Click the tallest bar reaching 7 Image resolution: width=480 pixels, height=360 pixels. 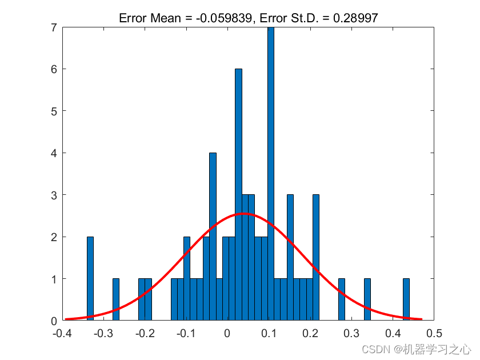pyautogui.click(x=271, y=171)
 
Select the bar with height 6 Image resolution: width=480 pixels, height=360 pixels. pyautogui.click(x=238, y=194)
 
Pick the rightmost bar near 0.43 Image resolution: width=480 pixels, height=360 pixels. pyautogui.click(x=406, y=299)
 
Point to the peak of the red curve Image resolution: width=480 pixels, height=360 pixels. pyautogui.click(x=245, y=214)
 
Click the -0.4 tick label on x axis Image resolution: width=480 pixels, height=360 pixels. pyautogui.click(x=61, y=333)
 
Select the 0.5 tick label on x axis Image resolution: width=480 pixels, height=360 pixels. pyautogui.click(x=434, y=333)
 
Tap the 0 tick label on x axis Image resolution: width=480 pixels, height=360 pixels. pyautogui.click(x=227, y=333)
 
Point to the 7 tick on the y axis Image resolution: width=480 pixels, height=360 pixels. pyautogui.click(x=53, y=27)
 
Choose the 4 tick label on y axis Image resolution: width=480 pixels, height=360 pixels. pyautogui.click(x=53, y=153)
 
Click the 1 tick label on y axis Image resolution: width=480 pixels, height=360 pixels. pyautogui.click(x=53, y=279)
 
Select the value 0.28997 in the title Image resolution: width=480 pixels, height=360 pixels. pyautogui.click(x=357, y=18)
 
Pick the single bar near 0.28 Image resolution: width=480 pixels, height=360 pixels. pyautogui.click(x=342, y=299)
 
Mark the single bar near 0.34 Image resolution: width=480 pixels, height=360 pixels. pyautogui.click(x=367, y=299)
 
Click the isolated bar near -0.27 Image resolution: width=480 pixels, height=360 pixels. pyautogui.click(x=116, y=299)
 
